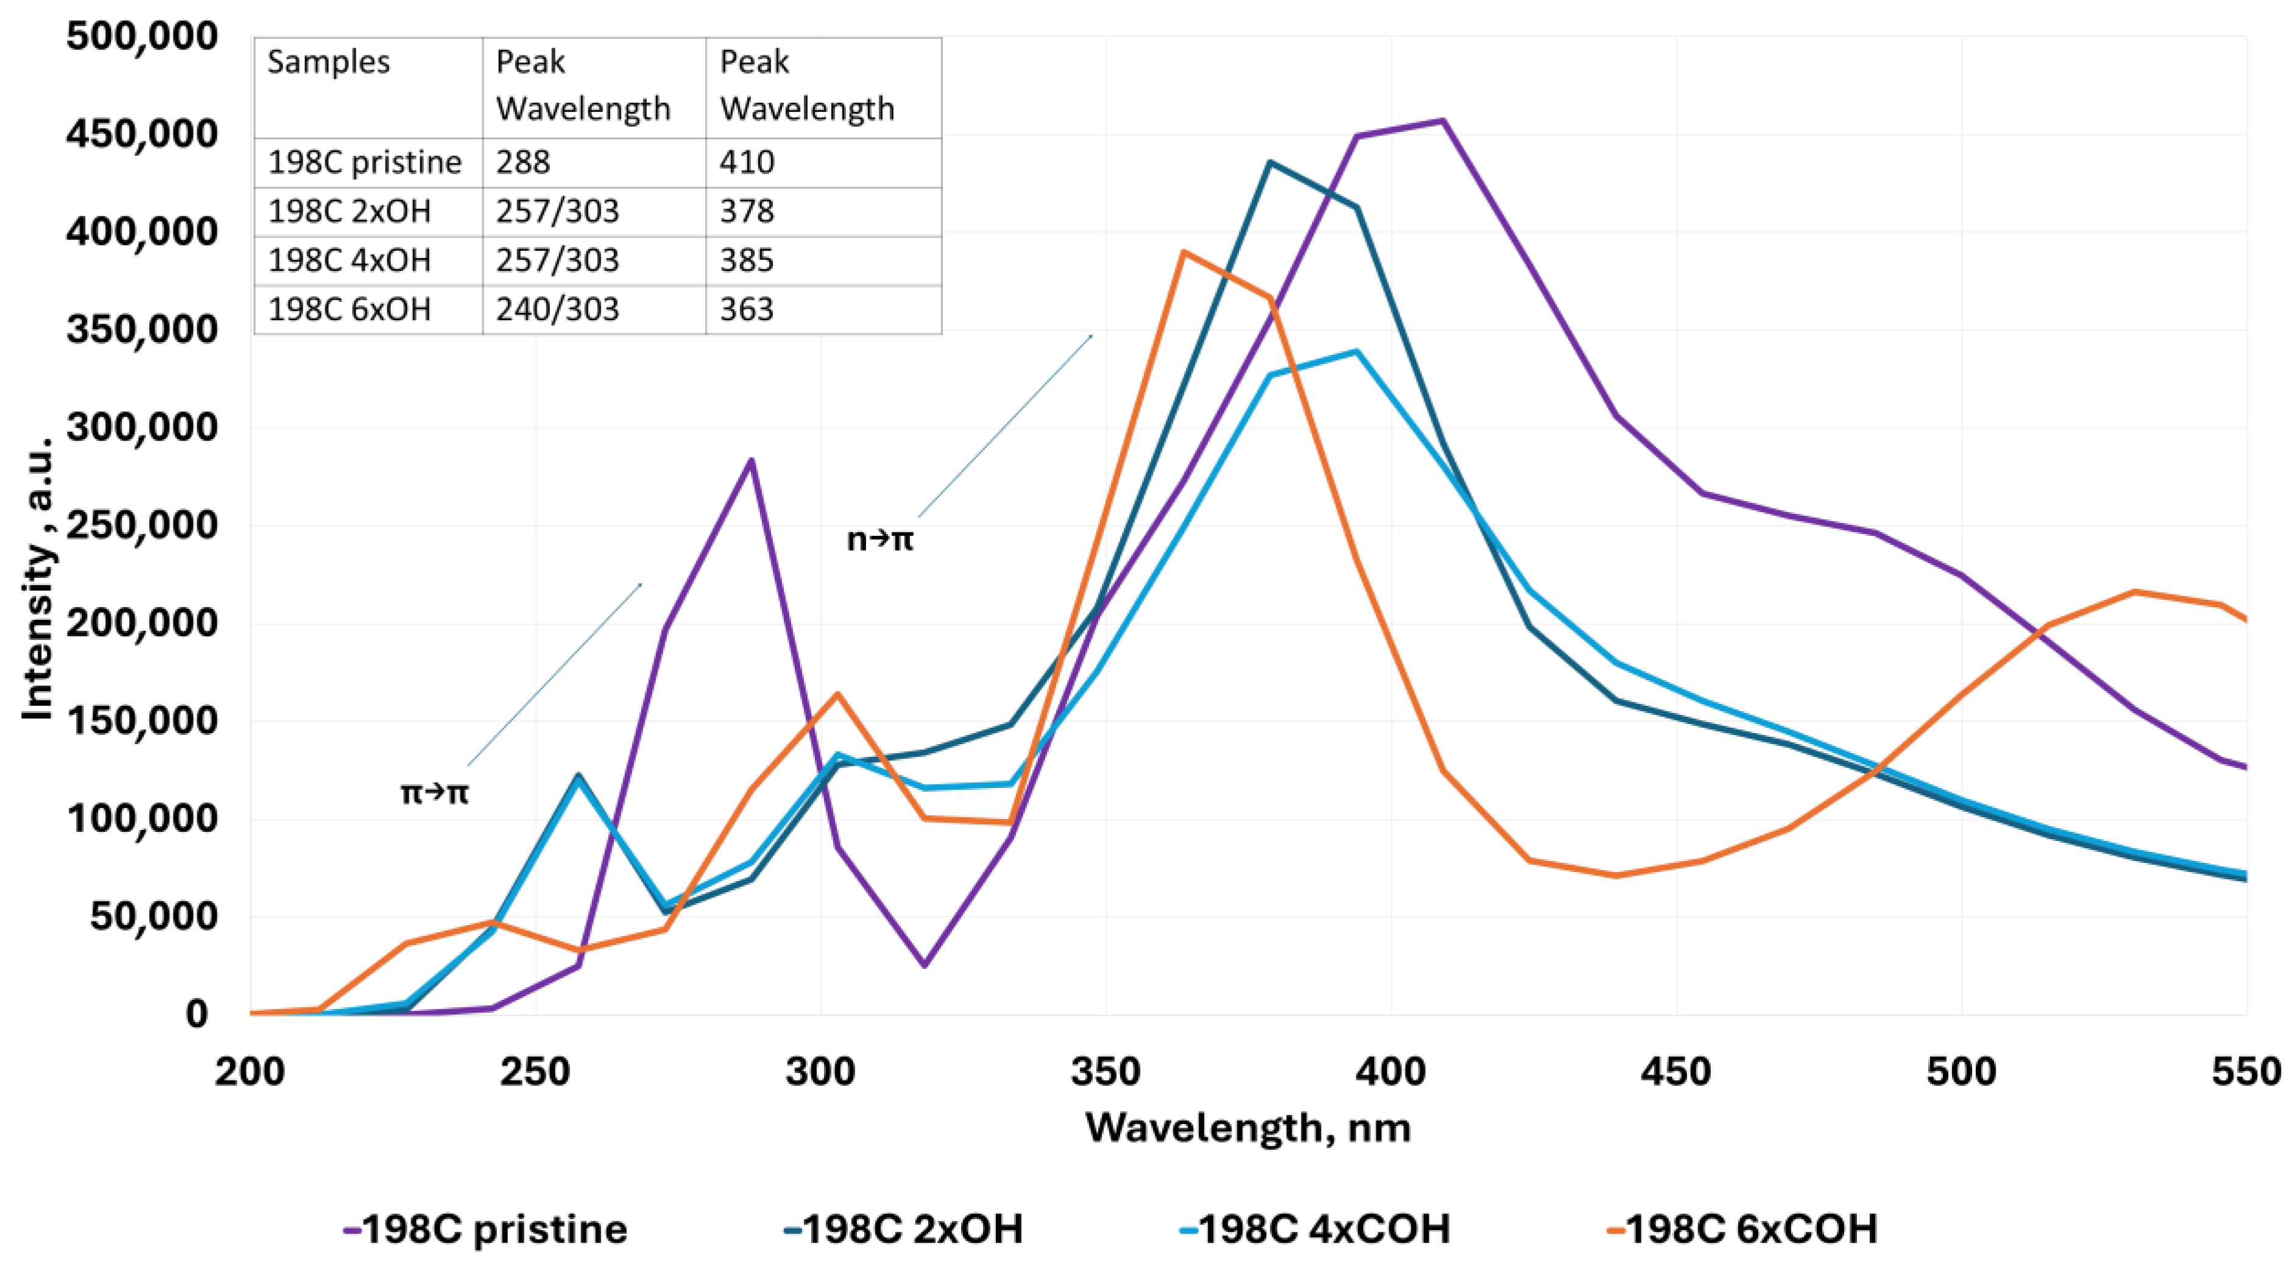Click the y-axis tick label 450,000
(x=141, y=134)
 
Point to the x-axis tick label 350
(x=1105, y=1072)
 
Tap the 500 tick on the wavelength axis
(x=1961, y=1072)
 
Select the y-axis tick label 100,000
(x=141, y=818)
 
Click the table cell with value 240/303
(x=557, y=309)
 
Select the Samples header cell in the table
(x=328, y=62)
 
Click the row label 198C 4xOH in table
(x=350, y=261)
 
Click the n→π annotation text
(x=879, y=538)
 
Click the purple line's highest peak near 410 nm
(x=1442, y=121)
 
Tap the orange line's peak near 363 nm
(x=1184, y=252)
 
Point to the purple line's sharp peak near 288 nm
(x=751, y=460)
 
